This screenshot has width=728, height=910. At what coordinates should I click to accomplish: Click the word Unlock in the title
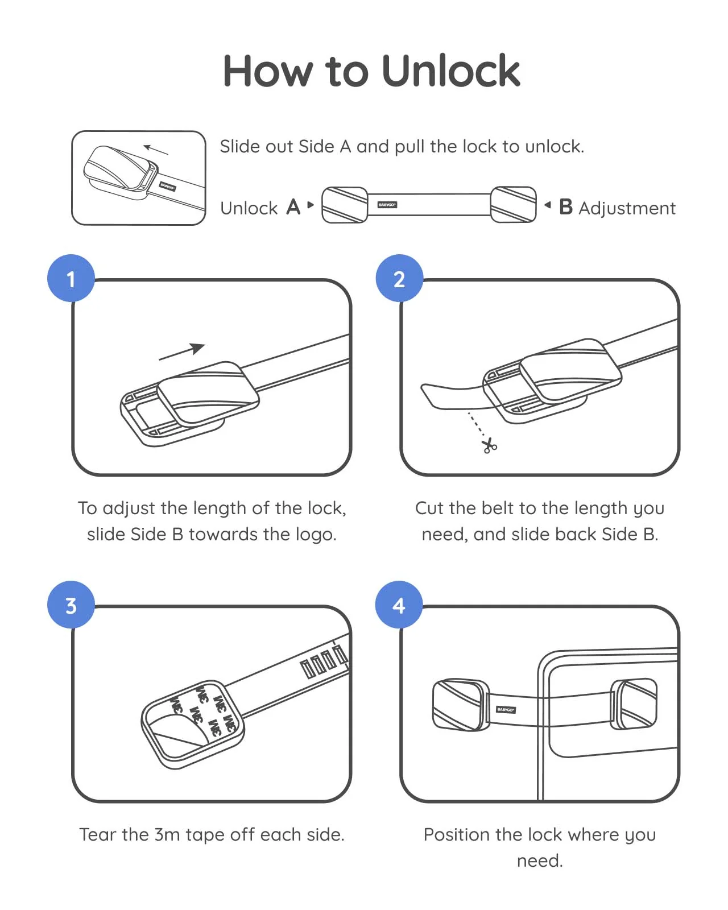[450, 71]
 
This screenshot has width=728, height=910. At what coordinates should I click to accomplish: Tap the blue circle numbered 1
[71, 278]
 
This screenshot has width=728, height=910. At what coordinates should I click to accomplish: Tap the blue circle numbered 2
[399, 278]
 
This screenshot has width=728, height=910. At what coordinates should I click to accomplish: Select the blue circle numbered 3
[71, 605]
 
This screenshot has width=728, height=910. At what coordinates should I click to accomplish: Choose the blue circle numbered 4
[399, 605]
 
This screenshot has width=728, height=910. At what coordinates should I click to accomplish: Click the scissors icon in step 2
[489, 446]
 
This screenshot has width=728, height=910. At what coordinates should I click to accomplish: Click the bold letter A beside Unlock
[293, 207]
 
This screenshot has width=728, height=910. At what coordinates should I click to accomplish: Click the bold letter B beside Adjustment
[565, 207]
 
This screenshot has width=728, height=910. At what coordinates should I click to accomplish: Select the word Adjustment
[627, 208]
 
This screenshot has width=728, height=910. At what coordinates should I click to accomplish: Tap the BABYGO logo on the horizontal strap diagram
[387, 205]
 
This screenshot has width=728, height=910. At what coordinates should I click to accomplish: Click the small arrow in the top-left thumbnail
[156, 150]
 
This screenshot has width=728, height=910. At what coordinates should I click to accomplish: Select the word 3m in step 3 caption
[167, 834]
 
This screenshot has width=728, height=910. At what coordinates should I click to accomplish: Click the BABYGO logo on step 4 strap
[506, 709]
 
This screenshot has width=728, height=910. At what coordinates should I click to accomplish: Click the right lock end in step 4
[634, 704]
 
